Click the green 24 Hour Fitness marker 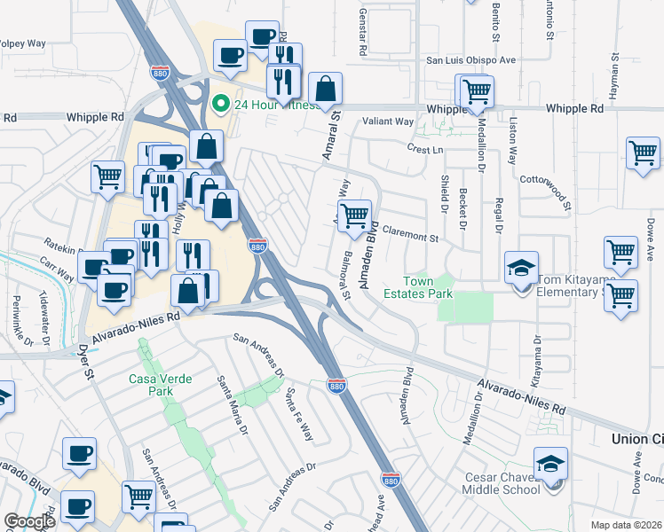pyautogui.click(x=218, y=106)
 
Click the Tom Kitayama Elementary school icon pyautogui.click(x=521, y=269)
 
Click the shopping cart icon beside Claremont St pyautogui.click(x=354, y=216)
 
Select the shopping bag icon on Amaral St pyautogui.click(x=327, y=89)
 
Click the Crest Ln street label pyautogui.click(x=425, y=150)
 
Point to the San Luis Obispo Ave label pyautogui.click(x=470, y=60)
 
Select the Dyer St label pyautogui.click(x=86, y=361)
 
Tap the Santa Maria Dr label pyautogui.click(x=233, y=405)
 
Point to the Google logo pyautogui.click(x=29, y=521)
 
